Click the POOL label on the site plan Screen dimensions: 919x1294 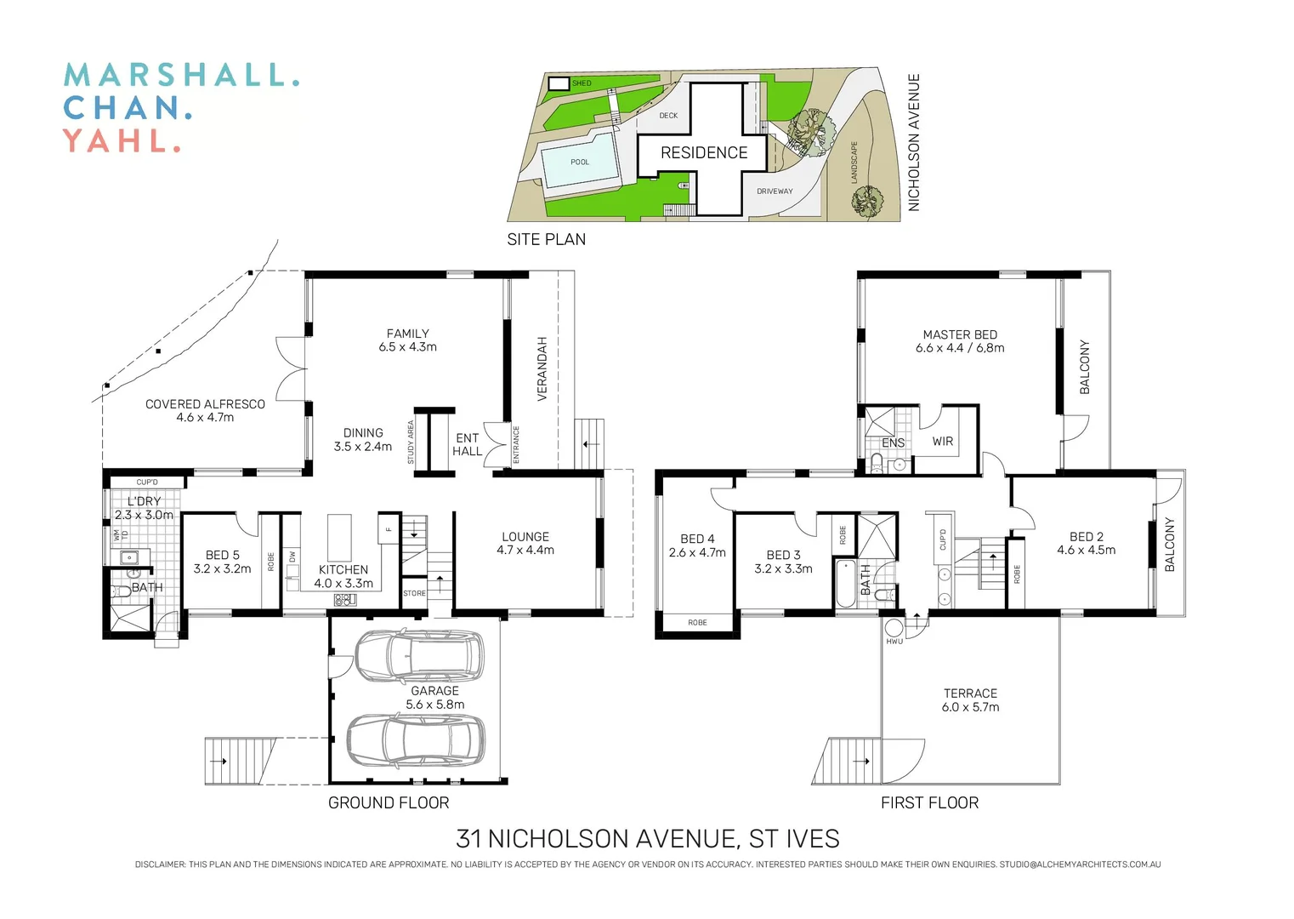pos(580,162)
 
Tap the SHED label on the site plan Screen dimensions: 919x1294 pos(582,83)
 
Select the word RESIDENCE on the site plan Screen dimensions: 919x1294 pos(704,153)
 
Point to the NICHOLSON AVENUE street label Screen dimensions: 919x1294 pos(914,142)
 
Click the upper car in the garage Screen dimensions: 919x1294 pos(417,656)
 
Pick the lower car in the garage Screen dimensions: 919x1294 pos(416,739)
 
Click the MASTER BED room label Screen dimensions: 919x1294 pos(960,335)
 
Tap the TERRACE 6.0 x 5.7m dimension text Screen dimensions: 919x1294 pos(970,707)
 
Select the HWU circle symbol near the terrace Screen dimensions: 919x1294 pos(894,629)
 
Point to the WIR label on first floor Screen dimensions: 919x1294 pos(942,442)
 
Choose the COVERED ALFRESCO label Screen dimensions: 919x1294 pos(205,405)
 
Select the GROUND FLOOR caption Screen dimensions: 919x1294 pos(389,802)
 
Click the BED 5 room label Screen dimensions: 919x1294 pos(222,556)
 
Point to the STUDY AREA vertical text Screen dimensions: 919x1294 pos(411,442)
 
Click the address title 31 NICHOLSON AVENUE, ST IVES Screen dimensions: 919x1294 pos(647,839)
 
